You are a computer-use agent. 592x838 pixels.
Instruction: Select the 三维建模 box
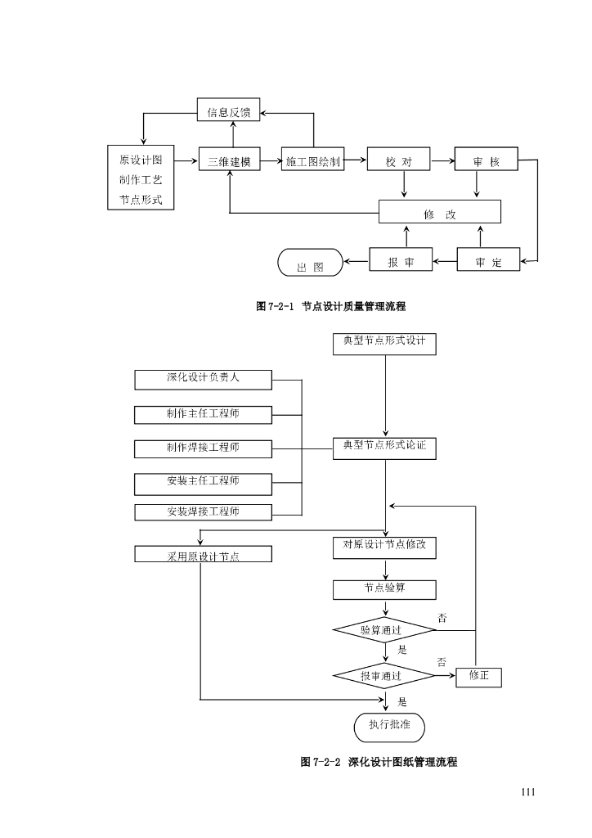229,161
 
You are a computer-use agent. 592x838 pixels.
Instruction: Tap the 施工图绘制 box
313,161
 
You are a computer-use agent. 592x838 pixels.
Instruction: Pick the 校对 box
400,161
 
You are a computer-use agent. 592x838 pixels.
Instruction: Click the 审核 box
487,161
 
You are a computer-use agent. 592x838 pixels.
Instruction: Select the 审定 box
487,262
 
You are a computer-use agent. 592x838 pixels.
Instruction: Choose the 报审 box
400,262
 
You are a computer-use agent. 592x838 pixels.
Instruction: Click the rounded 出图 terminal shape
311,264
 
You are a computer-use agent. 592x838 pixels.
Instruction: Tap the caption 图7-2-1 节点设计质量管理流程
331,306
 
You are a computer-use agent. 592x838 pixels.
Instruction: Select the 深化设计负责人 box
204,379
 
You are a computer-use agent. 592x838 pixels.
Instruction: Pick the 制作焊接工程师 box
204,448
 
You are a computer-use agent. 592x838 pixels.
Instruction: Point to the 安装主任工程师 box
204,482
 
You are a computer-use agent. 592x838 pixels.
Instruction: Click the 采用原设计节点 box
204,555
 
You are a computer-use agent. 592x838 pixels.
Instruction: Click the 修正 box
479,676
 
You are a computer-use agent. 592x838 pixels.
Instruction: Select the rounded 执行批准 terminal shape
389,725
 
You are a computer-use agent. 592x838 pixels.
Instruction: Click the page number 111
527,791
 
